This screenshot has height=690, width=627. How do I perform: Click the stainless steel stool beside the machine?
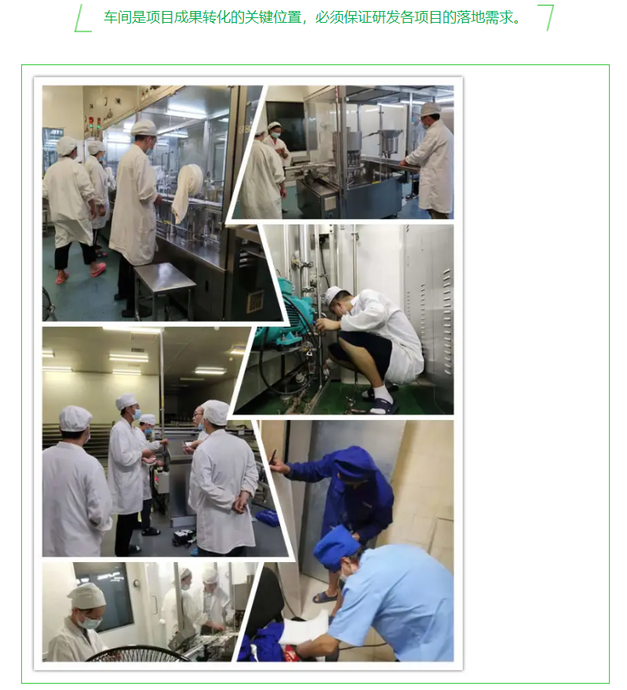(164, 286)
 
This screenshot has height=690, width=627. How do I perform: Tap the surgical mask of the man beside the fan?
(91, 622)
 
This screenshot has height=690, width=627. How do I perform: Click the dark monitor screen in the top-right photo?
(285, 126)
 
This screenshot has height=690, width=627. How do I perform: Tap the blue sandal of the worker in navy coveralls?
(325, 597)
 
